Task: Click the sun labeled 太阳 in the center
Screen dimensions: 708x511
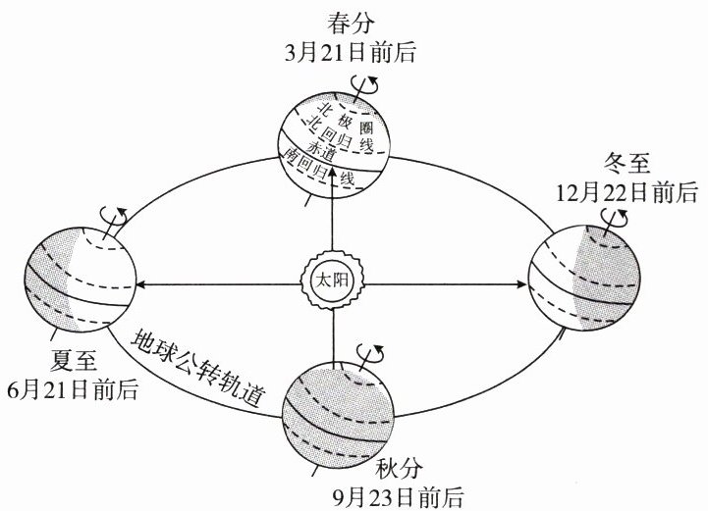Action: [332, 281]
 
